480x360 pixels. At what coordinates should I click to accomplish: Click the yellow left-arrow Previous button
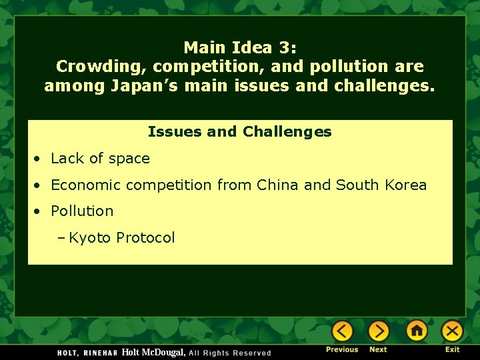coord(342,331)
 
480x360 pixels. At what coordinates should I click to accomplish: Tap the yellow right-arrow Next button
coord(378,331)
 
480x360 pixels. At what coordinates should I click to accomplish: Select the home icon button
coord(417,331)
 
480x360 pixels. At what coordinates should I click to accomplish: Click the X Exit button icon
coord(452,331)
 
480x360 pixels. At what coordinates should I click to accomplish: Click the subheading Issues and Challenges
coord(239,132)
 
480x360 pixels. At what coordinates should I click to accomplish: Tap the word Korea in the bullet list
coord(405,185)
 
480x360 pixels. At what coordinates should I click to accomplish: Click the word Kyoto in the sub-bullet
coord(90,238)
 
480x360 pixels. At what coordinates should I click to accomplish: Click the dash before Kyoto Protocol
coord(61,238)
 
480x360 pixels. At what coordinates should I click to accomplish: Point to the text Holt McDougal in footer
coord(153,352)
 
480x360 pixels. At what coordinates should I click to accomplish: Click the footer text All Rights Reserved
coord(230,353)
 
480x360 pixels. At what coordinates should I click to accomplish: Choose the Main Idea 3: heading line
coord(239,47)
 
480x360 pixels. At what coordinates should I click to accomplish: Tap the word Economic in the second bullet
coord(83,185)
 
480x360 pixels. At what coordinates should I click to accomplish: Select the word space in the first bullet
coord(129,159)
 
